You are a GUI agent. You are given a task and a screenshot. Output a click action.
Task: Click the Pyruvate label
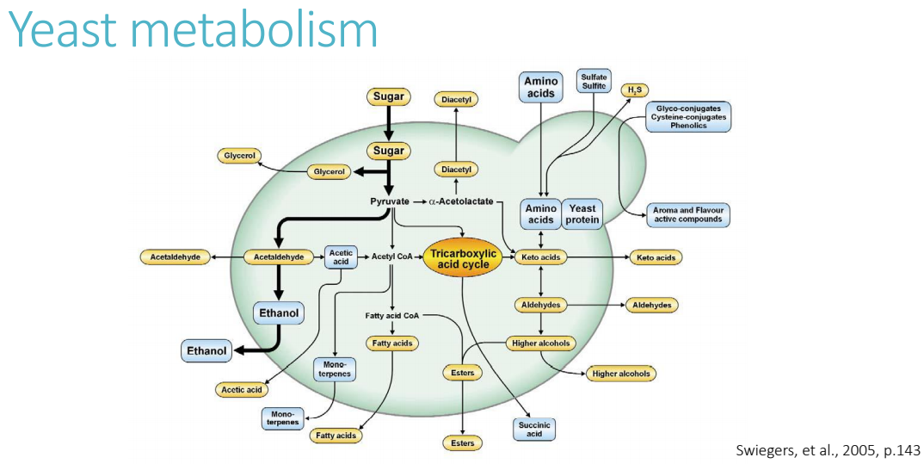(390, 201)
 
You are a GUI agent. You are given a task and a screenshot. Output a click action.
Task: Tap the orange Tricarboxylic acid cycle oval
(463, 258)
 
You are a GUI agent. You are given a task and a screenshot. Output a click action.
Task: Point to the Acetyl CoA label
(393, 257)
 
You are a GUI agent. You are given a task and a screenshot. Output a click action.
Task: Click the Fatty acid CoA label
(391, 316)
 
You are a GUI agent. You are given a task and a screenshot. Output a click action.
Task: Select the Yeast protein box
(582, 213)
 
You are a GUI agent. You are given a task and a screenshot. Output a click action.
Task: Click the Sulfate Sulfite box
(594, 82)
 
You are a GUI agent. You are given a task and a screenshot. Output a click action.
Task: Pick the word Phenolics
(688, 126)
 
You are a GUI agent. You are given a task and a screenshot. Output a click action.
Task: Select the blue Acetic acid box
(339, 257)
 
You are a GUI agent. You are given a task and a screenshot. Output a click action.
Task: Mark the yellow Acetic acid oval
(241, 390)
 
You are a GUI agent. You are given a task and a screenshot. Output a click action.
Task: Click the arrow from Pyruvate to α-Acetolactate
(420, 201)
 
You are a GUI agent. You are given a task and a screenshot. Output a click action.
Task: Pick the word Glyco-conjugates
(688, 108)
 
